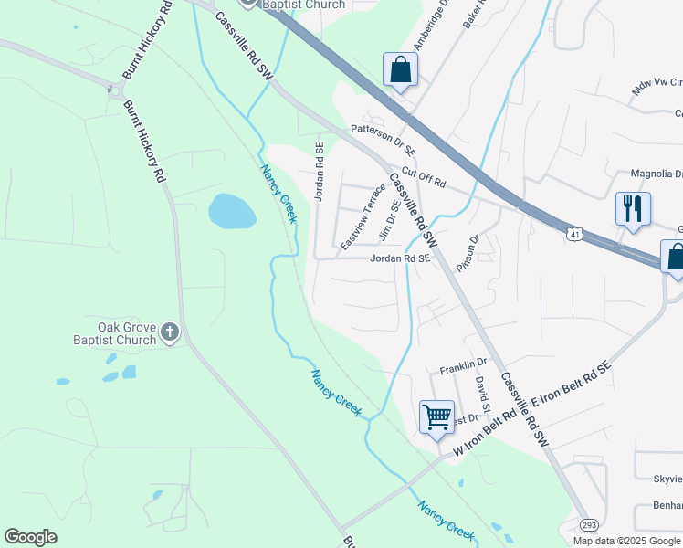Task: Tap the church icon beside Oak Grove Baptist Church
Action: [x=170, y=333]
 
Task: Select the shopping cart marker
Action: [x=436, y=416]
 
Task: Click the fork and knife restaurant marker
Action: [x=632, y=209]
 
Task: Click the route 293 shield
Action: [x=589, y=525]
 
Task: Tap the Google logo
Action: [x=30, y=537]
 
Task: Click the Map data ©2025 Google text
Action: [x=627, y=541]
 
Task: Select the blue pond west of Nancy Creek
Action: [x=232, y=212]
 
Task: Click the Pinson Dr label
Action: [x=468, y=252]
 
